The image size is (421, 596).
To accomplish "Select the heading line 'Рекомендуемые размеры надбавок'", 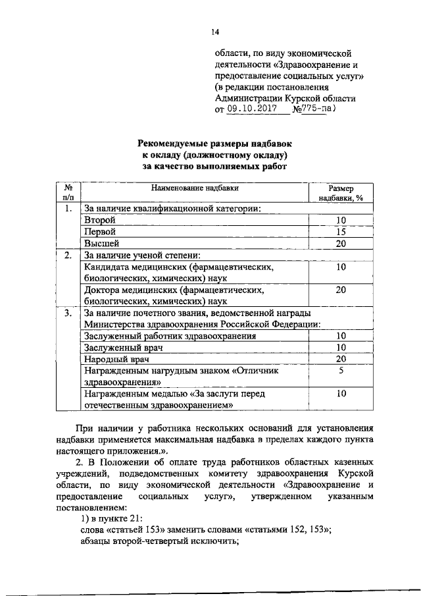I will click(x=215, y=144).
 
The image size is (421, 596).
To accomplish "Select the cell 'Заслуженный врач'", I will click(x=124, y=347).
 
